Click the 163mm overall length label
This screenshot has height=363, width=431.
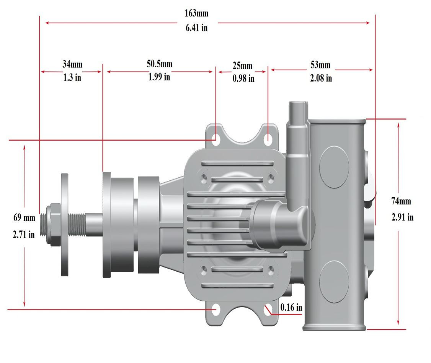click(196, 13)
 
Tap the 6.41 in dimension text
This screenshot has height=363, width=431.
click(197, 28)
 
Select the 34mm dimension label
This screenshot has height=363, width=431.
click(72, 64)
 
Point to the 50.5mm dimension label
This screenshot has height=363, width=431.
click(159, 63)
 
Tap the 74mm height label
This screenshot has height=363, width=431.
click(401, 201)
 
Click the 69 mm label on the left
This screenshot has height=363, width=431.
click(24, 218)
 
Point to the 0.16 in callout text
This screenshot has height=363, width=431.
click(291, 307)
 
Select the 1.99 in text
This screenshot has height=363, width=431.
click(159, 77)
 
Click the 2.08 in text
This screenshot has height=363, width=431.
click(321, 78)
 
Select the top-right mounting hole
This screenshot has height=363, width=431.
click(269, 138)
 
